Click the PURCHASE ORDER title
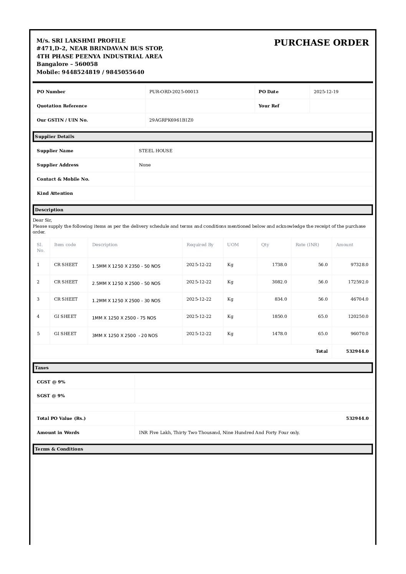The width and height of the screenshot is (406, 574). pos(321,43)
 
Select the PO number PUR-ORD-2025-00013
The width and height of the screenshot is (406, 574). pos(173,92)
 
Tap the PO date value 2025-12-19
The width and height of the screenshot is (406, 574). pos(326,92)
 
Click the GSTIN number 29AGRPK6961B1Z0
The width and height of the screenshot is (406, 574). pos(171,120)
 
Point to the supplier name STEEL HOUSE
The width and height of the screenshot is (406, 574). pos(155,151)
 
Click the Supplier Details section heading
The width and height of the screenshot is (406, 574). pos(54,137)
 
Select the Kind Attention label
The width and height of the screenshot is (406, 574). pos(54,193)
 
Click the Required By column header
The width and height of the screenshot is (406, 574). pos(200,245)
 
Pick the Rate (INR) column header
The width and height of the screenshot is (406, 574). pos(307,245)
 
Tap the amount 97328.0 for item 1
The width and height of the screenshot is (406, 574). pos(359,265)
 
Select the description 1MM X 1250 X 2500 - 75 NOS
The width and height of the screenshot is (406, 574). pos(124,318)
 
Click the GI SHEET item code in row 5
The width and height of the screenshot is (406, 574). pos(65,334)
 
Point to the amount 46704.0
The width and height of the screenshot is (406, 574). pos(359,299)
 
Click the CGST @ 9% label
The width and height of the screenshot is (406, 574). pos(51,382)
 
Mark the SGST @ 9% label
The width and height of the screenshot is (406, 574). pos(51,396)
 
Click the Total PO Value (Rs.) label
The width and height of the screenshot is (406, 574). pos(61,418)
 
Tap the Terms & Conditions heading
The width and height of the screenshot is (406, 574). pos(59,449)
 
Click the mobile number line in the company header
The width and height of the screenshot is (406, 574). pos(90,72)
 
